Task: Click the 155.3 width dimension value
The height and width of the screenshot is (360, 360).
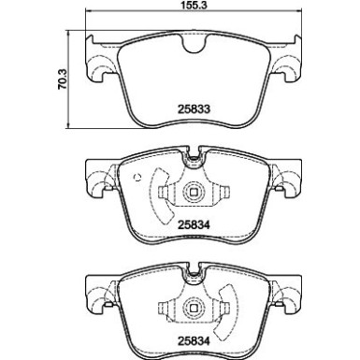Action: point(194,6)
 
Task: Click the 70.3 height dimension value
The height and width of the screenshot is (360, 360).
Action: point(62,79)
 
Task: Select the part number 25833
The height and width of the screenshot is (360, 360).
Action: point(194,109)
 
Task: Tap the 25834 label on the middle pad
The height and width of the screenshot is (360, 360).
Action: point(194,224)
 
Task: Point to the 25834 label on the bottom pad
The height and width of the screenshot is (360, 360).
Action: point(194,340)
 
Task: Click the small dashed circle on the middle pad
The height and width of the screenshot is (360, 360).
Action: point(137,178)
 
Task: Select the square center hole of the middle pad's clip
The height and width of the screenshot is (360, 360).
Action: point(194,192)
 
